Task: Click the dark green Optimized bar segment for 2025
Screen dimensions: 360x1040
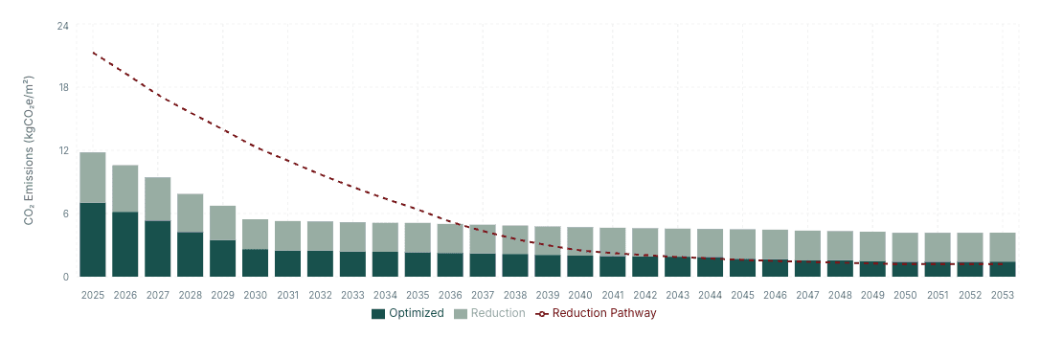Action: point(93,239)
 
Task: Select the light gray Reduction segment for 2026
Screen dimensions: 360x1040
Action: point(125,189)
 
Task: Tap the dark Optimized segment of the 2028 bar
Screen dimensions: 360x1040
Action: point(191,254)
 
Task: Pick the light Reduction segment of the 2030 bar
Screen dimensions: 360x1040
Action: point(256,234)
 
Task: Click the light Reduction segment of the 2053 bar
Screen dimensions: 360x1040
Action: point(1002,247)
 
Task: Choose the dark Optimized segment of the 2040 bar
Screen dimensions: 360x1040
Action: point(580,265)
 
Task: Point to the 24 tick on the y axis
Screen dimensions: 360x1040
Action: point(63,25)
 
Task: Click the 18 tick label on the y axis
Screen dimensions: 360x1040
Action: point(63,88)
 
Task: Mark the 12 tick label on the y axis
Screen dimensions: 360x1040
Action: point(63,150)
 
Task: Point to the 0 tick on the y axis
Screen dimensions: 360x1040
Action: point(66,277)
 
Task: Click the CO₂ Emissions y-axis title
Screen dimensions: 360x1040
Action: point(30,150)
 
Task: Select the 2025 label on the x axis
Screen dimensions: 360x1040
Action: point(93,295)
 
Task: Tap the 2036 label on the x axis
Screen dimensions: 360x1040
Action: point(450,295)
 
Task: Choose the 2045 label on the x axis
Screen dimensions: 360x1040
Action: point(743,295)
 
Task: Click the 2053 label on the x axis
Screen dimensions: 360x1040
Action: point(1002,295)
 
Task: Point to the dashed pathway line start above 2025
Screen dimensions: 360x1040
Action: point(93,53)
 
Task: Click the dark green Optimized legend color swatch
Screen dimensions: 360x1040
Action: point(377,313)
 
